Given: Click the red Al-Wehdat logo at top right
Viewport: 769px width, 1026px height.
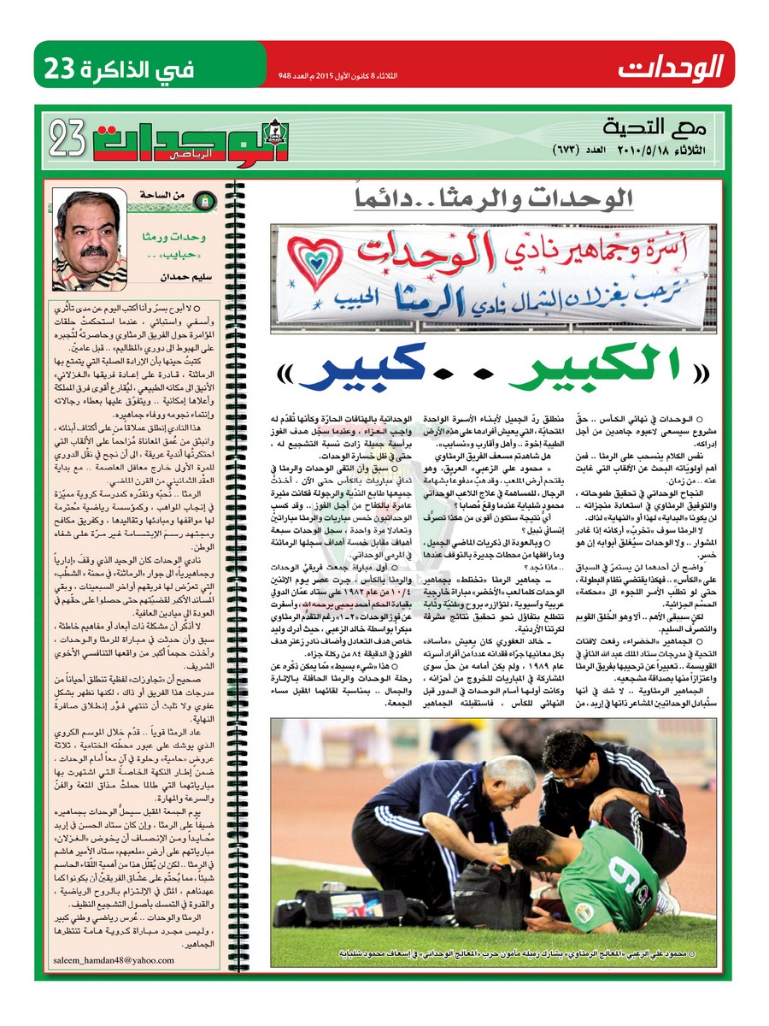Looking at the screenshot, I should pos(672,65).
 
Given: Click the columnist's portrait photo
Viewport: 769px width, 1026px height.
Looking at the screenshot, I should pos(91,239).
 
